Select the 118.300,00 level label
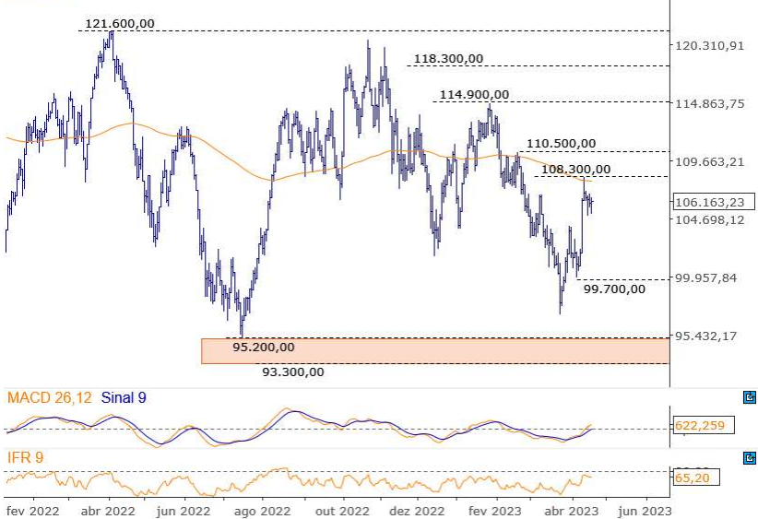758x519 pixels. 448,59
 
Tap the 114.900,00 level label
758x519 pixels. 474,95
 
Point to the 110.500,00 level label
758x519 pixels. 561,144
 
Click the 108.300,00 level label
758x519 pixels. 575,169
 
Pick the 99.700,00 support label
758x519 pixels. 615,289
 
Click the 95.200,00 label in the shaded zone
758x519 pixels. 264,348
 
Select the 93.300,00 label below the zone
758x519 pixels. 293,372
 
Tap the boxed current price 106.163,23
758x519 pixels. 710,203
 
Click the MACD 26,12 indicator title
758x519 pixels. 50,398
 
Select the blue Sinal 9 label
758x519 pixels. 122,398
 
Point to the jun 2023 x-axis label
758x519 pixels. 644,509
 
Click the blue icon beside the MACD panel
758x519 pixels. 749,398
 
